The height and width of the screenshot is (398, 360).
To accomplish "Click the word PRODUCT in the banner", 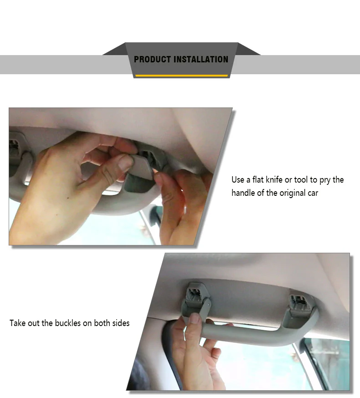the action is tap(152, 59).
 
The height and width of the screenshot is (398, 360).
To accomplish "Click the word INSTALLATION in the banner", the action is tap(201, 59).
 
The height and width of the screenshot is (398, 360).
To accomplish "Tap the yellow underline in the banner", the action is tap(181, 76).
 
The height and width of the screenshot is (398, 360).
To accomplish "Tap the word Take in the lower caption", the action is tap(17, 323).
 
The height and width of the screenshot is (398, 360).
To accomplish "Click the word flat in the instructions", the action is tap(258, 180).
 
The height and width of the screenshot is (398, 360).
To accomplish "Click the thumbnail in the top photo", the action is tap(125, 163).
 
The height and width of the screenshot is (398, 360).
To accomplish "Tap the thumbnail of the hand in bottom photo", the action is tap(195, 318).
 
